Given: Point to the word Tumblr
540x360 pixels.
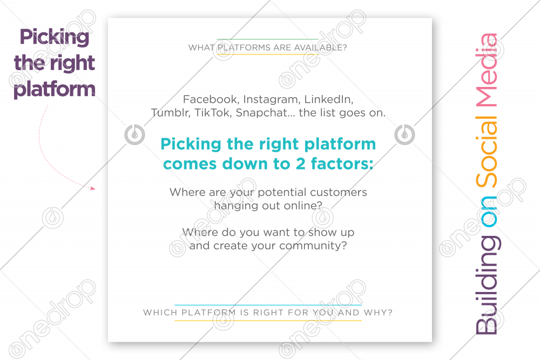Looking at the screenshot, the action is (x=171, y=113).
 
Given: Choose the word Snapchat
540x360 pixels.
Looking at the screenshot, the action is (x=262, y=113).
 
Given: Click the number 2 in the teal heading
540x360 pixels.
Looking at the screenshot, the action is (x=300, y=164).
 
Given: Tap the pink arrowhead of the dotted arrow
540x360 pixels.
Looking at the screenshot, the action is (x=92, y=188).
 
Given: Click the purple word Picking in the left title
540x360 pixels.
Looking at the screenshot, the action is (x=55, y=38).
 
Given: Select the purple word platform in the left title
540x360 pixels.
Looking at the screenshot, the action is (x=55, y=90).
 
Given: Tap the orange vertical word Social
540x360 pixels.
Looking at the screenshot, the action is (x=487, y=152).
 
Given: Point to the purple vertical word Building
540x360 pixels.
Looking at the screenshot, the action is (x=487, y=286).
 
